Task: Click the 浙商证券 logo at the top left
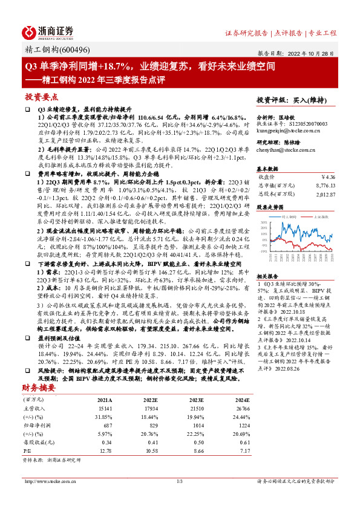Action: (x=48, y=31)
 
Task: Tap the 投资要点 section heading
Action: (x=41, y=97)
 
